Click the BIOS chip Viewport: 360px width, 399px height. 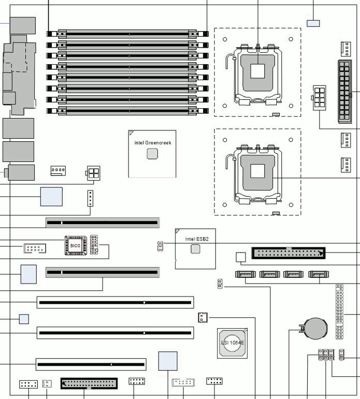click(76, 245)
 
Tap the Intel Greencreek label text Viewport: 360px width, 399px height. click(153, 143)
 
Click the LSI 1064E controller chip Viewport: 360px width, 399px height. click(233, 343)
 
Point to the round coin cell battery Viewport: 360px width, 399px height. click(315, 328)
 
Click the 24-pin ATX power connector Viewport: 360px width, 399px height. click(344, 92)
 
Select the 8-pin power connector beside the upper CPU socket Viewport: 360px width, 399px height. click(320, 98)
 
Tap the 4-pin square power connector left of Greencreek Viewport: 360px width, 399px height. click(93, 173)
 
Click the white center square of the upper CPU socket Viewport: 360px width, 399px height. click(257, 71)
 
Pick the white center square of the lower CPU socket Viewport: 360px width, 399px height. click(257, 171)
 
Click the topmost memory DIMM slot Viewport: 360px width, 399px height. click(127, 34)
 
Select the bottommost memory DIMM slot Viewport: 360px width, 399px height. click(127, 111)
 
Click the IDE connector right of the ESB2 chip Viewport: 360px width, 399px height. click(289, 253)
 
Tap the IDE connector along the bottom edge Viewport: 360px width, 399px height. click(89, 383)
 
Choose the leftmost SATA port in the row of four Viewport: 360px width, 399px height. click(246, 274)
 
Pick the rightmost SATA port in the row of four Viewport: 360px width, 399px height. click(319, 274)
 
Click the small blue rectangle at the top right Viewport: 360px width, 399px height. click(313, 23)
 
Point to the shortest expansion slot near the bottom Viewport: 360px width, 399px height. click(91, 364)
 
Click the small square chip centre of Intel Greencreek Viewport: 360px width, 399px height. click(152, 154)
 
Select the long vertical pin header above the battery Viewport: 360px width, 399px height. click(339, 312)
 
